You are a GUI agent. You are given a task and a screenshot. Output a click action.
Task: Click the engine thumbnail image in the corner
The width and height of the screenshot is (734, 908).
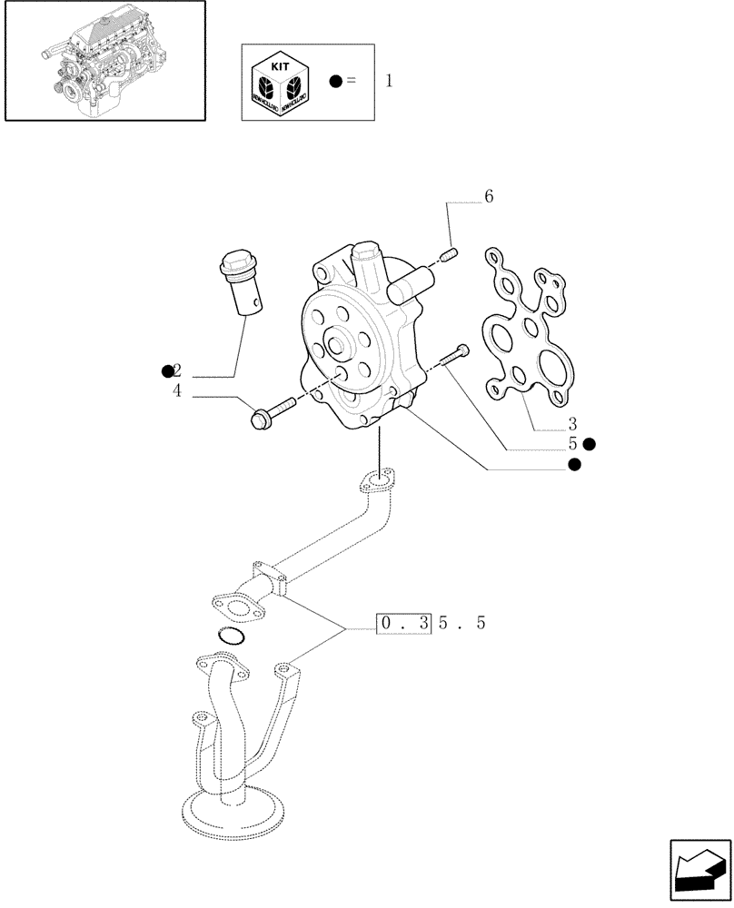104,61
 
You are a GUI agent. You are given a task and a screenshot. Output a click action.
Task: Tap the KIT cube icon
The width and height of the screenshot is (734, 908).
279,82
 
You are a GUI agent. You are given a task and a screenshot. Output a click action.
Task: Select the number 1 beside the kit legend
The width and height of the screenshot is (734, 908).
389,81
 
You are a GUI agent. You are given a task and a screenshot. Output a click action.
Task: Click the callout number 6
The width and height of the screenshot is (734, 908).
488,197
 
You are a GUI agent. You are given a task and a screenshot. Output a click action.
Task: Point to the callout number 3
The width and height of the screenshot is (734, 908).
572,423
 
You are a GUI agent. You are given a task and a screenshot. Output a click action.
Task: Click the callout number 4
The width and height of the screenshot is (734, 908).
177,391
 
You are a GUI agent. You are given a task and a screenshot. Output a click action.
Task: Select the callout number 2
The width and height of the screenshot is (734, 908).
177,370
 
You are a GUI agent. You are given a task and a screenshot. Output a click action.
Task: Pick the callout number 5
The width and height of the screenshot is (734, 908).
573,444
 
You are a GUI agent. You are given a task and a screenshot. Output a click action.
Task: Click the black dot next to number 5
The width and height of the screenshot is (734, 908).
590,444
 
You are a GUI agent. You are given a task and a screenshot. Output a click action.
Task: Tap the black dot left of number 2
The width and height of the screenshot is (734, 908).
167,370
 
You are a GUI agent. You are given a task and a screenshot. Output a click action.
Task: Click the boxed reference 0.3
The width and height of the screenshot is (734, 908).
402,624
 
